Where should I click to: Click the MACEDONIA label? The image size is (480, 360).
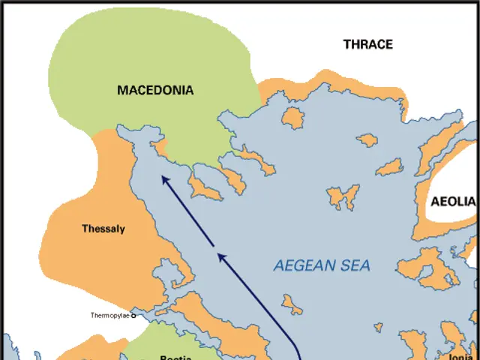(155, 90)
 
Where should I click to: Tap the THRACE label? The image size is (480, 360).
(367, 44)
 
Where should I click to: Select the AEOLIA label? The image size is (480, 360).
(453, 202)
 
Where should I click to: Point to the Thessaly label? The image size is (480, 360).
(103, 229)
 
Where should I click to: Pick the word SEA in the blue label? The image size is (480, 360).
(357, 265)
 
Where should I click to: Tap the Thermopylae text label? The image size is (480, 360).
(109, 316)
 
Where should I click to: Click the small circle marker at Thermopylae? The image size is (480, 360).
(134, 316)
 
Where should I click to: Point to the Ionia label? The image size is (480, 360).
(460, 358)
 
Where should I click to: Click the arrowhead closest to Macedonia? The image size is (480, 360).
(163, 178)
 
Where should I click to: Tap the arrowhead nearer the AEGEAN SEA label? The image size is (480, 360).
(220, 256)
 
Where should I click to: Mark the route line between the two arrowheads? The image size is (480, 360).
(191, 217)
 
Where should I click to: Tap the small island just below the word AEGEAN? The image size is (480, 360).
(292, 304)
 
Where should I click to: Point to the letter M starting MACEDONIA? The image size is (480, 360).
(122, 90)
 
